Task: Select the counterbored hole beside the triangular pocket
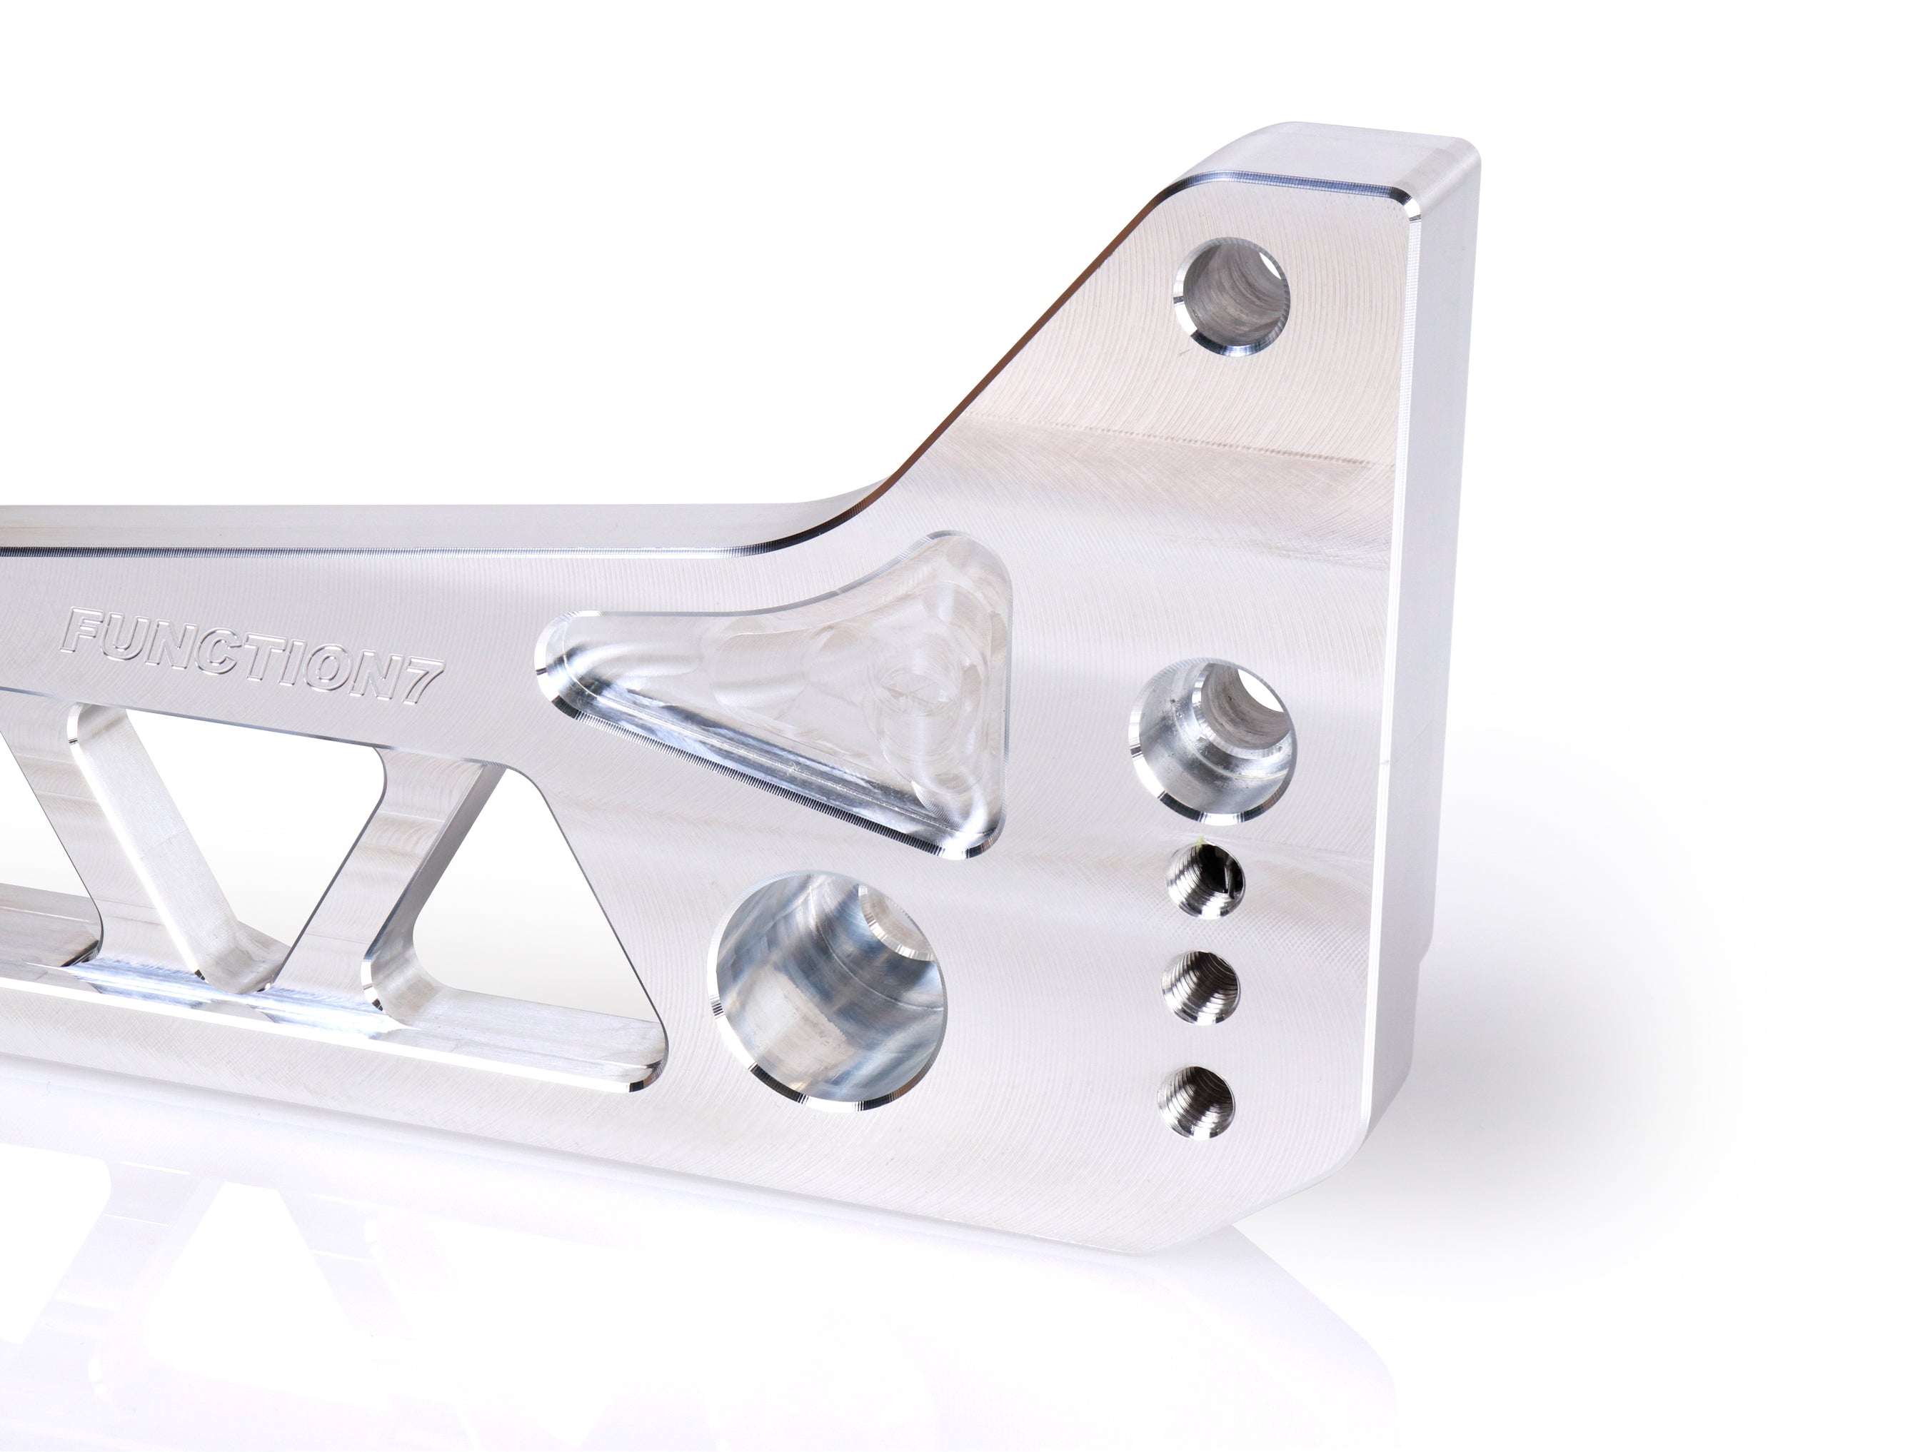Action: pyautogui.click(x=1213, y=737)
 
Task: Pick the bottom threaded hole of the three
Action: pyautogui.click(x=1197, y=1101)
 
